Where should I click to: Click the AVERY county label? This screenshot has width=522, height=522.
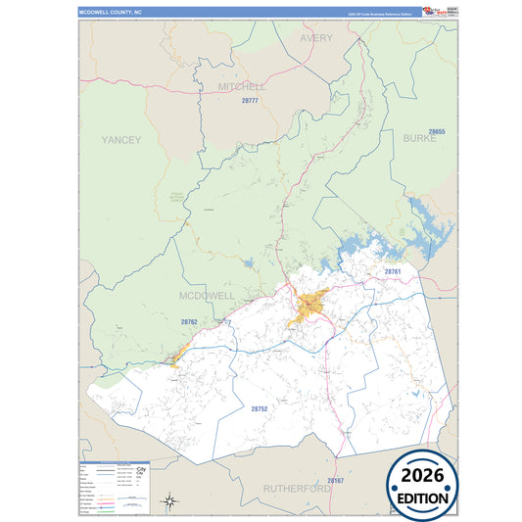tap(316, 38)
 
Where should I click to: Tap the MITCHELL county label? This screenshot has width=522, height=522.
tap(242, 86)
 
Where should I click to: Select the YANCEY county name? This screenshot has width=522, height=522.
tap(121, 140)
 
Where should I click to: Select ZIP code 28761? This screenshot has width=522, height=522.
tap(392, 271)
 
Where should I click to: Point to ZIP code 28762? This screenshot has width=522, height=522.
tap(189, 321)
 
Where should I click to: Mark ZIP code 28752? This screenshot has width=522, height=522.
tap(260, 408)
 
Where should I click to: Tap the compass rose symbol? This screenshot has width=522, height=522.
tap(168, 501)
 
